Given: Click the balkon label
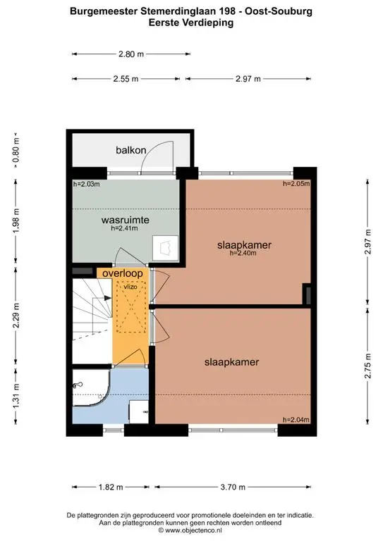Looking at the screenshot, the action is click(x=131, y=150).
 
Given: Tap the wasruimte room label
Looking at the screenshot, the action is click(x=126, y=220).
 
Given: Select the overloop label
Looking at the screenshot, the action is click(x=123, y=273).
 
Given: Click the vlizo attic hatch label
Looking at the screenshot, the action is click(x=130, y=287).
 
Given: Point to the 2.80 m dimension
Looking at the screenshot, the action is click(x=131, y=54).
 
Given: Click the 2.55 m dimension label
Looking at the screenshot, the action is click(x=126, y=79).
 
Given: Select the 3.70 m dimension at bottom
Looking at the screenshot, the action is click(x=233, y=487).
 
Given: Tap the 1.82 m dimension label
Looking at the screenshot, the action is click(x=111, y=487).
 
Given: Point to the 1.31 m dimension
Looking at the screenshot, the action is click(x=16, y=396).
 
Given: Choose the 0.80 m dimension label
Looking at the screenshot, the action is click(x=16, y=151).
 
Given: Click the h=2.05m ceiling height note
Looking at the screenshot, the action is click(x=296, y=184).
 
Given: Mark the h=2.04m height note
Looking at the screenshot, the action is click(x=296, y=420).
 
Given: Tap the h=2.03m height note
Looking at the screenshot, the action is click(x=86, y=185).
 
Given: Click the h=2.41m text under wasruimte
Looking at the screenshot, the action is click(x=124, y=228).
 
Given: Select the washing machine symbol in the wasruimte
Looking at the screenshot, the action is click(x=166, y=247).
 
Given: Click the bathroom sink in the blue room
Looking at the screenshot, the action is click(x=139, y=411).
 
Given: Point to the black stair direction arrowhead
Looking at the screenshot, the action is click(x=107, y=298).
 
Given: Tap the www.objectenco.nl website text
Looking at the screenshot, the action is click(x=193, y=530).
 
